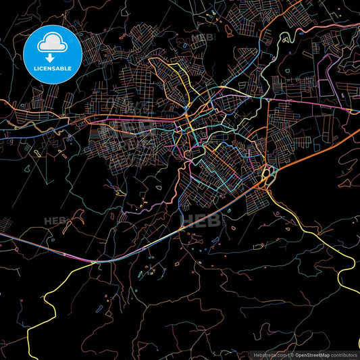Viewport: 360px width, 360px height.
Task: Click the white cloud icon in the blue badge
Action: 52,42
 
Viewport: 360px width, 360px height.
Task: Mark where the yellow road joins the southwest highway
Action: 95,262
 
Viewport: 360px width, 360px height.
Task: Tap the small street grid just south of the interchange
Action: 258,199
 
